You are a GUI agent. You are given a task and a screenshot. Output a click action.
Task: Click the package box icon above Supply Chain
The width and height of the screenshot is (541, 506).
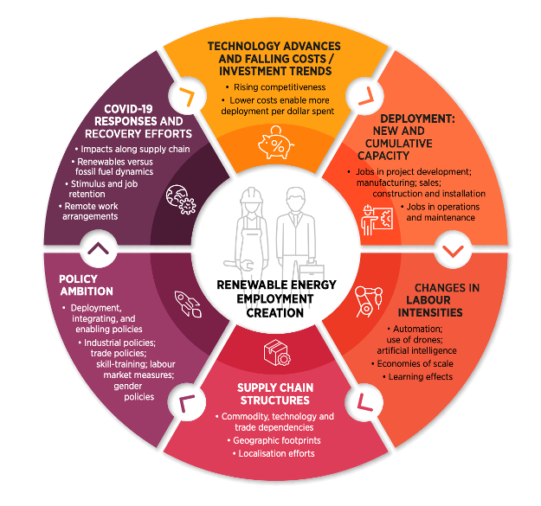pos(275,353)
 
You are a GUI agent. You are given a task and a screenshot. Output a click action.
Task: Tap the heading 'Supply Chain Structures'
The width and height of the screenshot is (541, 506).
pos(274,394)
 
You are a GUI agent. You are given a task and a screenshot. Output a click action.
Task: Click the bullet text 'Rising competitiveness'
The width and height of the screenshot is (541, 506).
pos(276,87)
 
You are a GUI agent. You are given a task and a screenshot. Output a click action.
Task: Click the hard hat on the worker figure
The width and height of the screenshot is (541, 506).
pos(245,197)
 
